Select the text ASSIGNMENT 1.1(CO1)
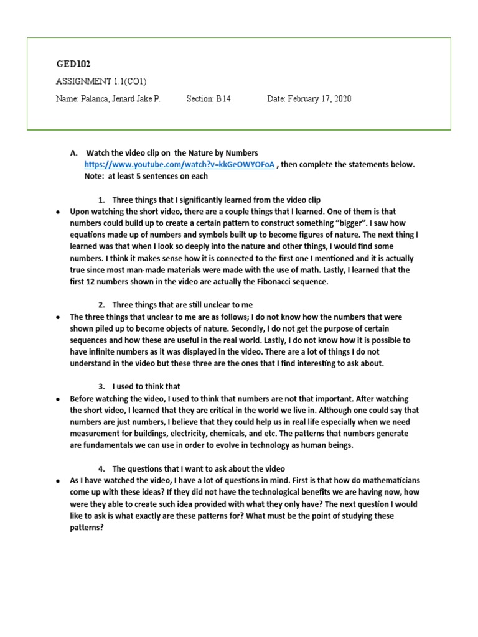[x=101, y=81]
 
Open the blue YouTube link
[x=179, y=165]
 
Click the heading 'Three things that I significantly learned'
[x=216, y=200]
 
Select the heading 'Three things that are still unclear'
[x=182, y=305]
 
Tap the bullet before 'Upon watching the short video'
[x=57, y=212]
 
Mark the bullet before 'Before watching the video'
[x=57, y=399]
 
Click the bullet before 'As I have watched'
[x=57, y=481]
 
